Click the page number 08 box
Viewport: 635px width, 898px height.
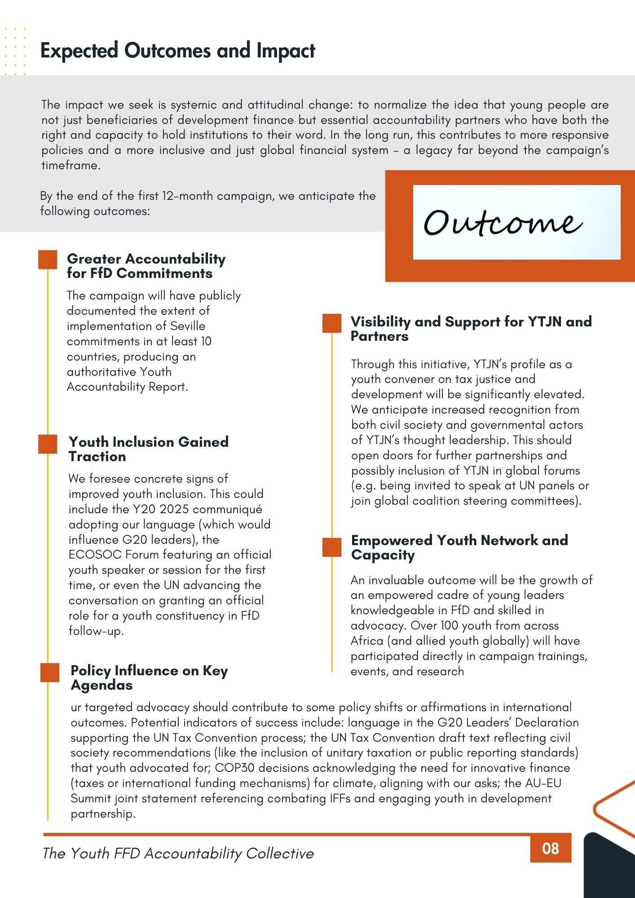(551, 848)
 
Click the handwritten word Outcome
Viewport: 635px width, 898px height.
(503, 222)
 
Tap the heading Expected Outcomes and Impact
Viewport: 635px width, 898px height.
(178, 50)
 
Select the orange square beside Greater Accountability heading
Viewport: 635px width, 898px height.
(48, 260)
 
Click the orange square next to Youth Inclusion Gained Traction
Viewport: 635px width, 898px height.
(48, 444)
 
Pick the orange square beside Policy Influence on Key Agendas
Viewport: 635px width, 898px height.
(50, 672)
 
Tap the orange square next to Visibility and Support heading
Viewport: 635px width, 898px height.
(332, 323)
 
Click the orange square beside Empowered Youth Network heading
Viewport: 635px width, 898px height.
(332, 547)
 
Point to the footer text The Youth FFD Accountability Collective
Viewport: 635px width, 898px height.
(178, 853)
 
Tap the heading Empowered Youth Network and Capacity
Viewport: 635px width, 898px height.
(459, 547)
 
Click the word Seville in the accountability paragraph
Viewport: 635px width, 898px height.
(188, 326)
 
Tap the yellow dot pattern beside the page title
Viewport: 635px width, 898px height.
(14, 51)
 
